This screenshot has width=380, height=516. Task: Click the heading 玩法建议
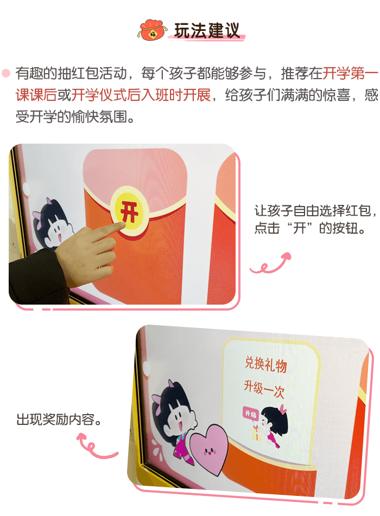tap(207, 30)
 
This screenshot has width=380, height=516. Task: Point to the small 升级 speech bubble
tap(250, 414)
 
